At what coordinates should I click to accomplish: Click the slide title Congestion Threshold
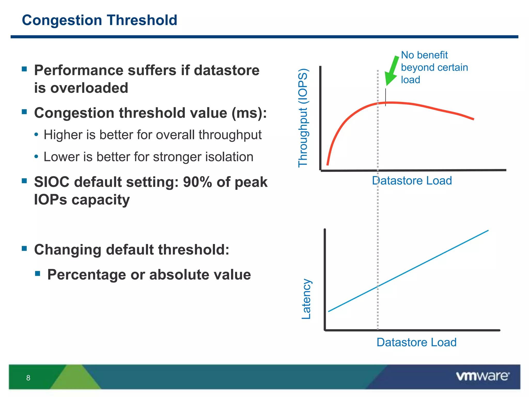99,20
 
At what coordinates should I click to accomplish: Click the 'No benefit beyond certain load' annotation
434,67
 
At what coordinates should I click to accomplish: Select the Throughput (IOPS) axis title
303,118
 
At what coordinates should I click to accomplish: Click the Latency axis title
306,299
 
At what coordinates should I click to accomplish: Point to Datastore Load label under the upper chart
412,180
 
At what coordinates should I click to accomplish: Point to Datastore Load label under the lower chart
416,342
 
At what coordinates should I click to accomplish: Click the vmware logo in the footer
483,376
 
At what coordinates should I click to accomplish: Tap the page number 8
28,378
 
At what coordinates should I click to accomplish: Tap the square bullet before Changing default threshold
25,249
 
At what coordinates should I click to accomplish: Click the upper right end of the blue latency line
487,231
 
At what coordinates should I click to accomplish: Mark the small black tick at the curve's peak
385,97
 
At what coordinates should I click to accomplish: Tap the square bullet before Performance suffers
25,69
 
